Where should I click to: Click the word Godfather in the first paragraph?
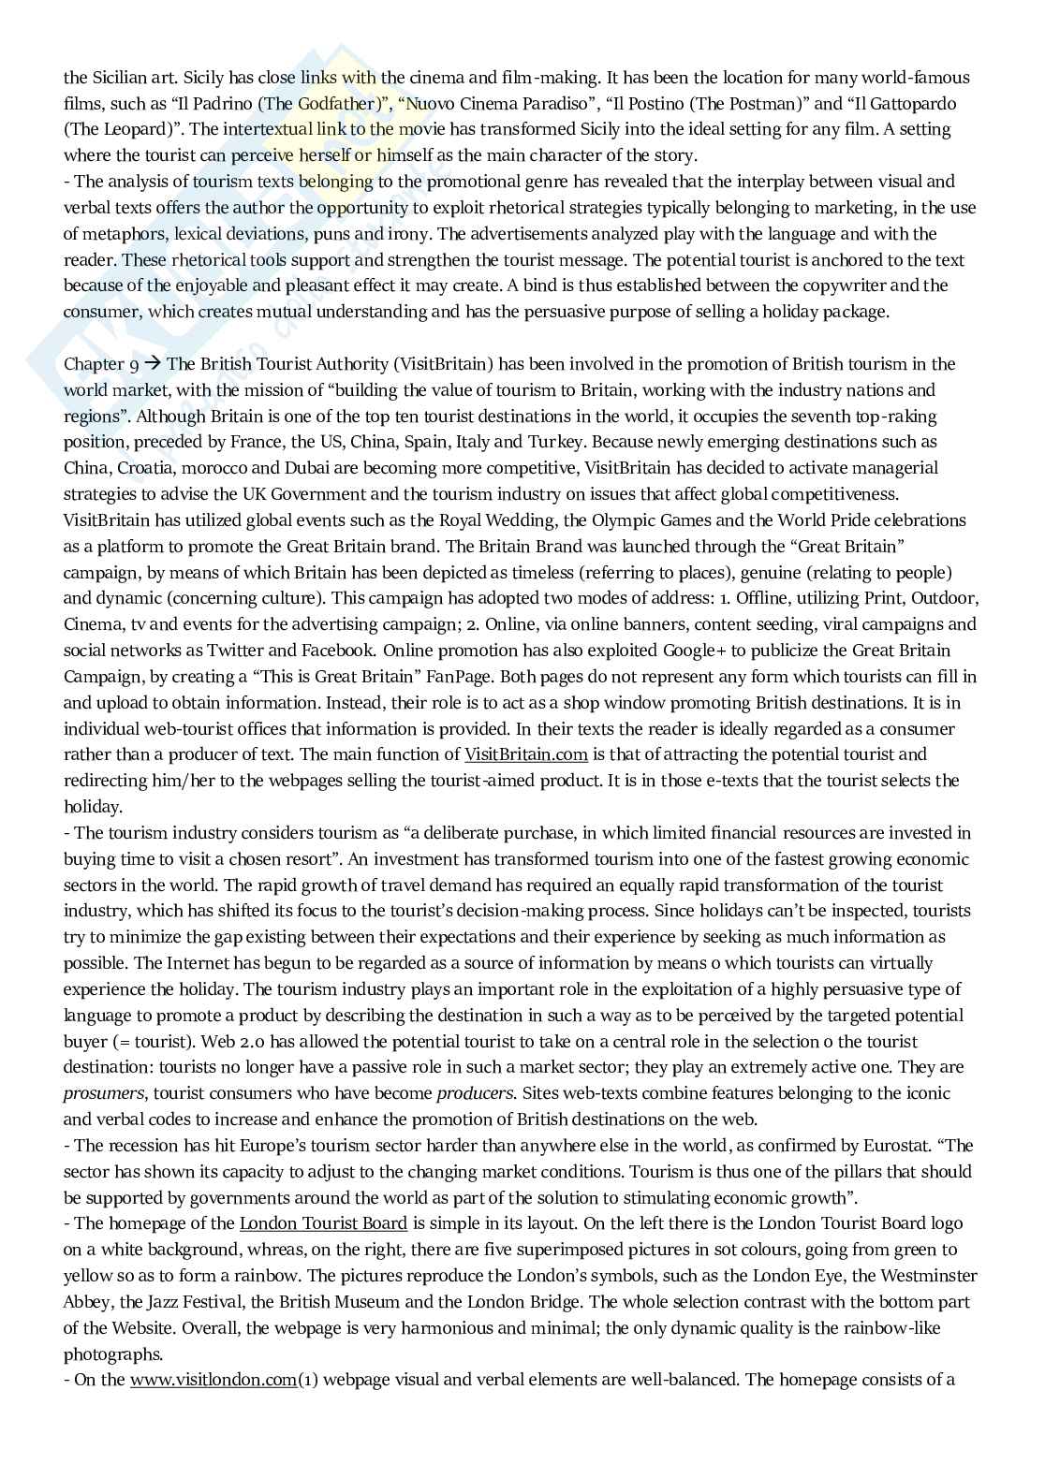click(324, 103)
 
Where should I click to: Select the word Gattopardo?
click(908, 103)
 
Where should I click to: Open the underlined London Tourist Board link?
click(323, 1223)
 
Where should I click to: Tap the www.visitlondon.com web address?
click(213, 1380)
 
